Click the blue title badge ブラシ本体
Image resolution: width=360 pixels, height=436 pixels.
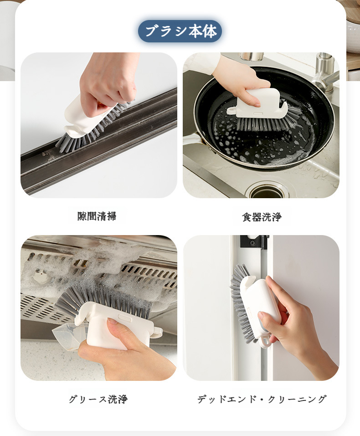(x=180, y=31)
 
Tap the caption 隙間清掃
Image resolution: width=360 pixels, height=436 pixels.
(x=97, y=216)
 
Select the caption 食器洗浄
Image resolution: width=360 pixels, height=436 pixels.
(x=262, y=217)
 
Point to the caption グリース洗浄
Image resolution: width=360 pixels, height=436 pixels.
(x=98, y=400)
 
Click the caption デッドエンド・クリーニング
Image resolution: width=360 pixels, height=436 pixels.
(x=262, y=400)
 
